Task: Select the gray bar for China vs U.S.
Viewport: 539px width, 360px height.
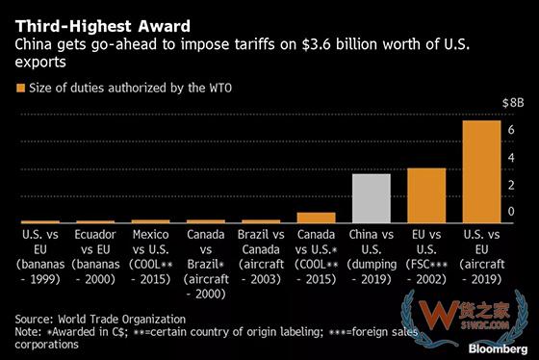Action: pos(371,198)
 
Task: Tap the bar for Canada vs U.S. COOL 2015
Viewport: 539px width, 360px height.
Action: pos(315,218)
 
